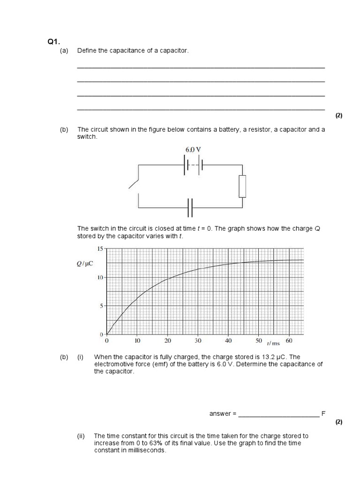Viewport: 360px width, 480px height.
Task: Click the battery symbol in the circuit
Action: (193, 165)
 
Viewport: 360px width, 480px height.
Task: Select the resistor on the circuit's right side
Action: (242, 186)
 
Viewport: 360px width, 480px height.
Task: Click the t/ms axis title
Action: (273, 344)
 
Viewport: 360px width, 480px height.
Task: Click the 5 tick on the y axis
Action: (100, 306)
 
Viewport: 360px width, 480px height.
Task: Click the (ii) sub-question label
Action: (81, 436)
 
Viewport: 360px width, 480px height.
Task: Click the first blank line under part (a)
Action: (201, 67)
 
